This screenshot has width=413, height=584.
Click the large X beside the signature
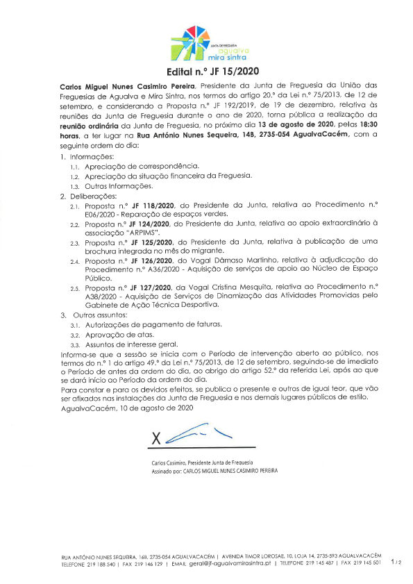[156, 438]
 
